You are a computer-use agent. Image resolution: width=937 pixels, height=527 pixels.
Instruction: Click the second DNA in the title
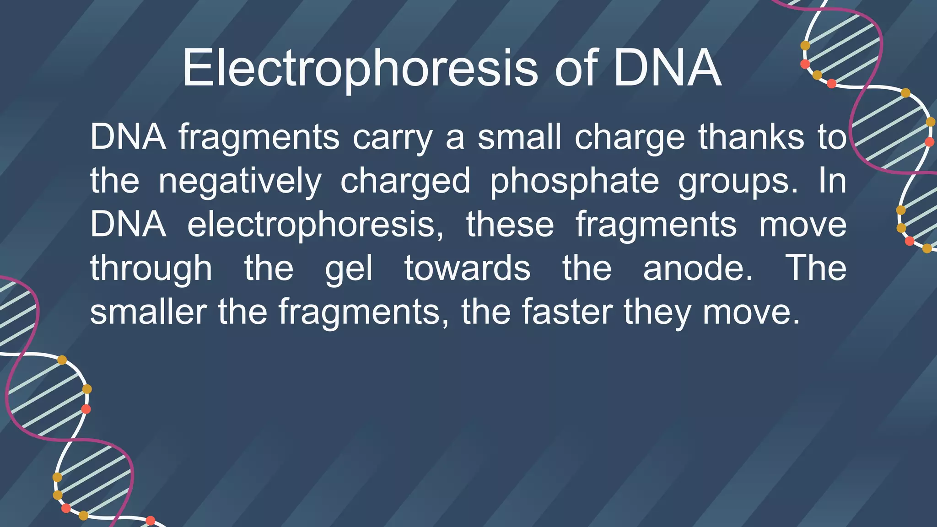(x=667, y=69)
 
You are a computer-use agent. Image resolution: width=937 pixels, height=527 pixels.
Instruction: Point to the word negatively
(x=239, y=181)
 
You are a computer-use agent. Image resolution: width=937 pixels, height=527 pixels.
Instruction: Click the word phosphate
(x=574, y=181)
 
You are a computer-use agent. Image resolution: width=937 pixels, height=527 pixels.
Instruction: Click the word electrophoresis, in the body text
(x=315, y=225)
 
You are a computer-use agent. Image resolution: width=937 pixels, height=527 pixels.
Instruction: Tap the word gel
(x=349, y=269)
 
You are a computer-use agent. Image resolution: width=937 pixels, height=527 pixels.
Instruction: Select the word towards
(x=467, y=269)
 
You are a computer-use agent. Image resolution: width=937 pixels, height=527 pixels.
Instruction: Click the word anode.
(x=698, y=269)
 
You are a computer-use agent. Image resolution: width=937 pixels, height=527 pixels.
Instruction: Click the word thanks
(x=751, y=137)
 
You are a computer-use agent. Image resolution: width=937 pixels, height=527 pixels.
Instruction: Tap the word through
(x=151, y=269)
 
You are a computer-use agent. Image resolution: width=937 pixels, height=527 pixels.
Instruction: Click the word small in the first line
(x=519, y=137)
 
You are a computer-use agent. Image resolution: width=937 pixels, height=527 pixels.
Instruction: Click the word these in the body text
(x=510, y=225)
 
